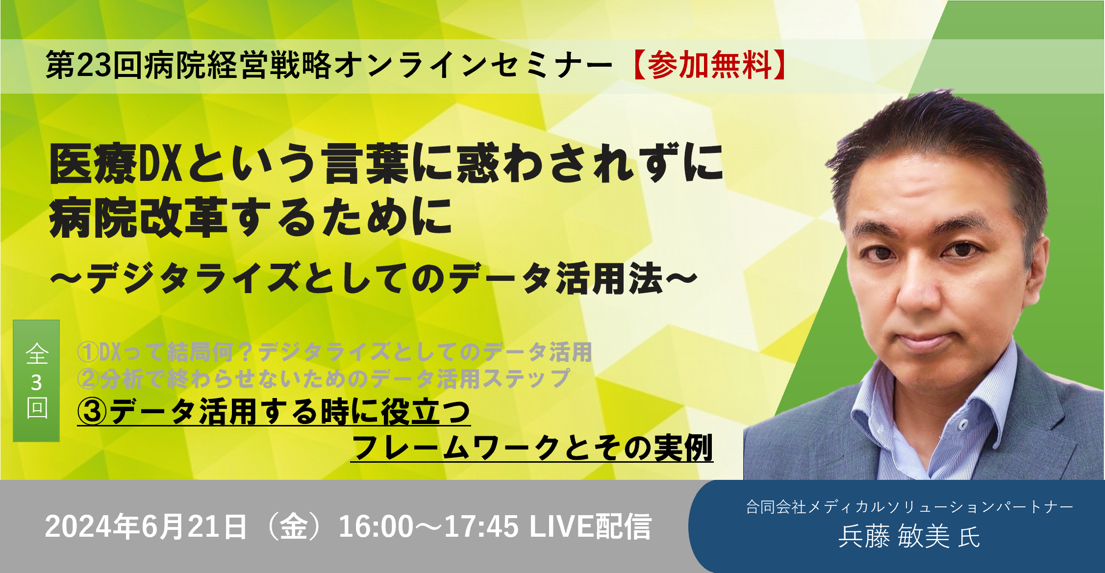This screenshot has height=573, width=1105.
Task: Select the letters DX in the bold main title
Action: [x=160, y=164]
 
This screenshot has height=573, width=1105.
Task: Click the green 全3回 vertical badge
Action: [x=36, y=380]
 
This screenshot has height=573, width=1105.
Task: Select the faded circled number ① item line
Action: [x=335, y=352]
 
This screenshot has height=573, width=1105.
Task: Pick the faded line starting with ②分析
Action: [x=324, y=378]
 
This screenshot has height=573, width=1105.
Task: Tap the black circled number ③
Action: [x=92, y=411]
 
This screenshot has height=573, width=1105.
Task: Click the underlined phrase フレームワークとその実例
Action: [x=532, y=447]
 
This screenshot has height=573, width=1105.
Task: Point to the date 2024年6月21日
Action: [x=146, y=527]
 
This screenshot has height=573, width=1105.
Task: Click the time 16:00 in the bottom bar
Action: [x=376, y=527]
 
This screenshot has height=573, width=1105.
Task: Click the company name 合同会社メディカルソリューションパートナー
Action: [x=910, y=507]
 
